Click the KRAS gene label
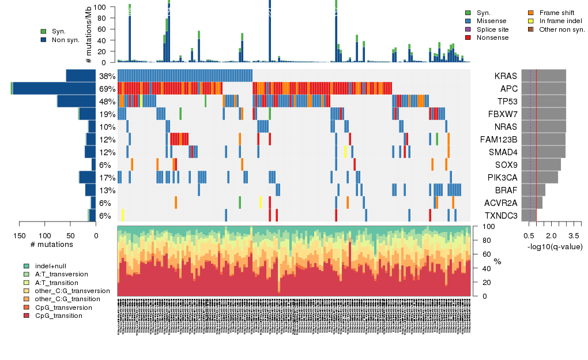(x=506, y=76)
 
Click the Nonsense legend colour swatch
(x=468, y=37)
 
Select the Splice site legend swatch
(x=468, y=29)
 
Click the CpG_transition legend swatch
(x=27, y=316)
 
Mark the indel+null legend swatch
(x=27, y=266)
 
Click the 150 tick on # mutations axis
(x=20, y=235)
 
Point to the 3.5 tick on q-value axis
(x=574, y=235)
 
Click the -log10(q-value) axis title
(x=555, y=246)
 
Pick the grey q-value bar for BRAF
(x=533, y=190)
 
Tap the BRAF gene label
(x=506, y=190)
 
